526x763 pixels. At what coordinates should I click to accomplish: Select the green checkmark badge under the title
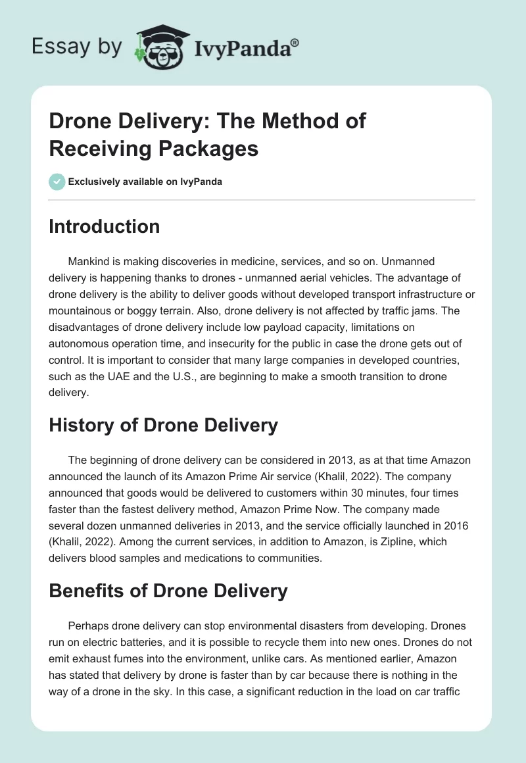[x=57, y=182]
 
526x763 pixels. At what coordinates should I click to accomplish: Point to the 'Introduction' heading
[x=105, y=226]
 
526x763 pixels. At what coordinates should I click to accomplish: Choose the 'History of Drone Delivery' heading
[x=163, y=425]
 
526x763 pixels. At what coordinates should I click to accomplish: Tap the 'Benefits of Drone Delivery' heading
[x=168, y=590]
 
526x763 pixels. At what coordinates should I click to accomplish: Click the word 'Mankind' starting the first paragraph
[x=89, y=262]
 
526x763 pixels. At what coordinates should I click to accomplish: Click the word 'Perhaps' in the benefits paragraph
[x=89, y=626]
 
